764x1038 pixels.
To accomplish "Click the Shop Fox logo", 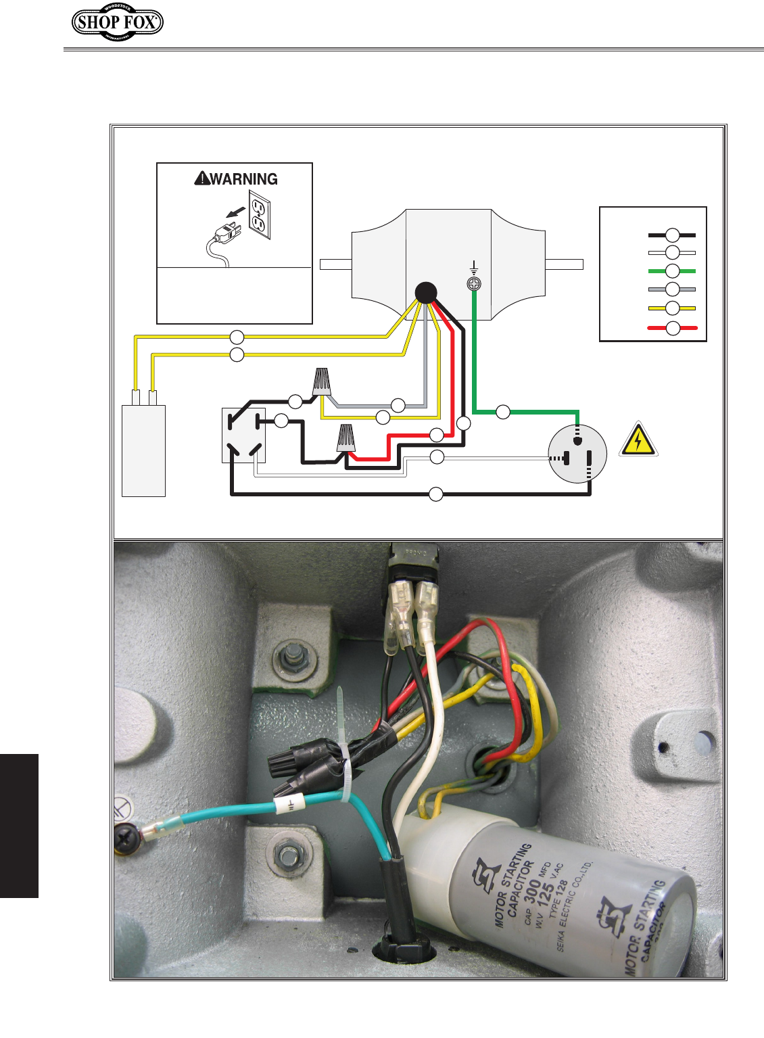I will point(117,22).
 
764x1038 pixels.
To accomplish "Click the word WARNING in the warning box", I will point(243,179).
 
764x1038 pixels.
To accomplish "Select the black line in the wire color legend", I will point(672,235).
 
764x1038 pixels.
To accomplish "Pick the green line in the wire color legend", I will point(672,271).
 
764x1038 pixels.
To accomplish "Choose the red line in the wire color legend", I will point(672,329).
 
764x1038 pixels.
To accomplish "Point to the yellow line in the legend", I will point(672,308).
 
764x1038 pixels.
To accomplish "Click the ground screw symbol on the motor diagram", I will point(475,285).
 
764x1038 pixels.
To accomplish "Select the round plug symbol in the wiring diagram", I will point(577,454).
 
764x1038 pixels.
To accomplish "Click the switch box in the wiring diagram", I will point(243,435).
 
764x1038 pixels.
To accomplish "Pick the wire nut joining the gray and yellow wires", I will point(321,382).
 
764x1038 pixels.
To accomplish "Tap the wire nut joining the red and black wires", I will point(346,438).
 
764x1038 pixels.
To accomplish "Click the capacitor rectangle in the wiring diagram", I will point(143,450).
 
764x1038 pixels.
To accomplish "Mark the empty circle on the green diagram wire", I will point(502,411).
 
